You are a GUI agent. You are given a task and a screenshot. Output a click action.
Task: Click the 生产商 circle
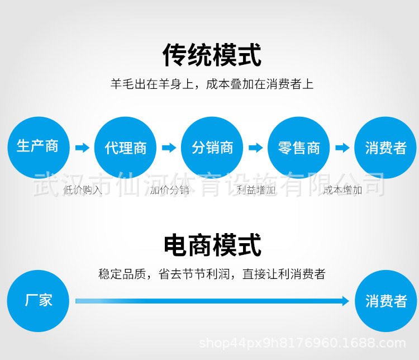(x=39, y=148)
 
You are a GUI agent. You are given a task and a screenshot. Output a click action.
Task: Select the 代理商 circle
(x=125, y=148)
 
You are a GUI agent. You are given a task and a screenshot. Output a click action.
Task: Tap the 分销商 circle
(x=212, y=148)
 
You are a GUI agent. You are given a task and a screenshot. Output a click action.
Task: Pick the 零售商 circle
(x=299, y=148)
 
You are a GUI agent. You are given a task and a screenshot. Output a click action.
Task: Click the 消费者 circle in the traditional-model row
(x=385, y=148)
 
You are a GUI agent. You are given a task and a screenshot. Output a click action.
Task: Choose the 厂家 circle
(x=38, y=301)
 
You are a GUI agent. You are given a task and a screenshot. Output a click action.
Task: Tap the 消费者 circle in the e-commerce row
(x=386, y=301)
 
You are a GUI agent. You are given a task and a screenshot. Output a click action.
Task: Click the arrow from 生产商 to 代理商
(x=82, y=148)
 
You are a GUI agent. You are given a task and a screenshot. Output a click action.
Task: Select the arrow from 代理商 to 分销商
(x=169, y=148)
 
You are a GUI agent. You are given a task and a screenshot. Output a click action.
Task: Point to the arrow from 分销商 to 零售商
(x=256, y=148)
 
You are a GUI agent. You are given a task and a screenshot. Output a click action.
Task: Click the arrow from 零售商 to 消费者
(x=342, y=148)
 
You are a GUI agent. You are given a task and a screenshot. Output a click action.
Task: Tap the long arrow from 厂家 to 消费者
(x=212, y=301)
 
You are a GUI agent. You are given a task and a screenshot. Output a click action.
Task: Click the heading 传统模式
(x=212, y=55)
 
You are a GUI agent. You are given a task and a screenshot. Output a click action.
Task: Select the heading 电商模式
(x=212, y=245)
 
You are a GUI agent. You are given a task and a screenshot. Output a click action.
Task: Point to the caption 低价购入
(x=83, y=190)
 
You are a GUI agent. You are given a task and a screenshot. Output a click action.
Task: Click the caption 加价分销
(x=169, y=190)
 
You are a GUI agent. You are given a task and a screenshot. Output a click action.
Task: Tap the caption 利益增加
(x=256, y=190)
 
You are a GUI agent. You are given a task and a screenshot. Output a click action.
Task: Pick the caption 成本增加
(x=342, y=190)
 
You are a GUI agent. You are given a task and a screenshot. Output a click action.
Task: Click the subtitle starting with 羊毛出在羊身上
(x=212, y=84)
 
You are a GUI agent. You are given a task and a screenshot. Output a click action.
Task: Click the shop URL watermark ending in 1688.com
(x=302, y=343)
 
